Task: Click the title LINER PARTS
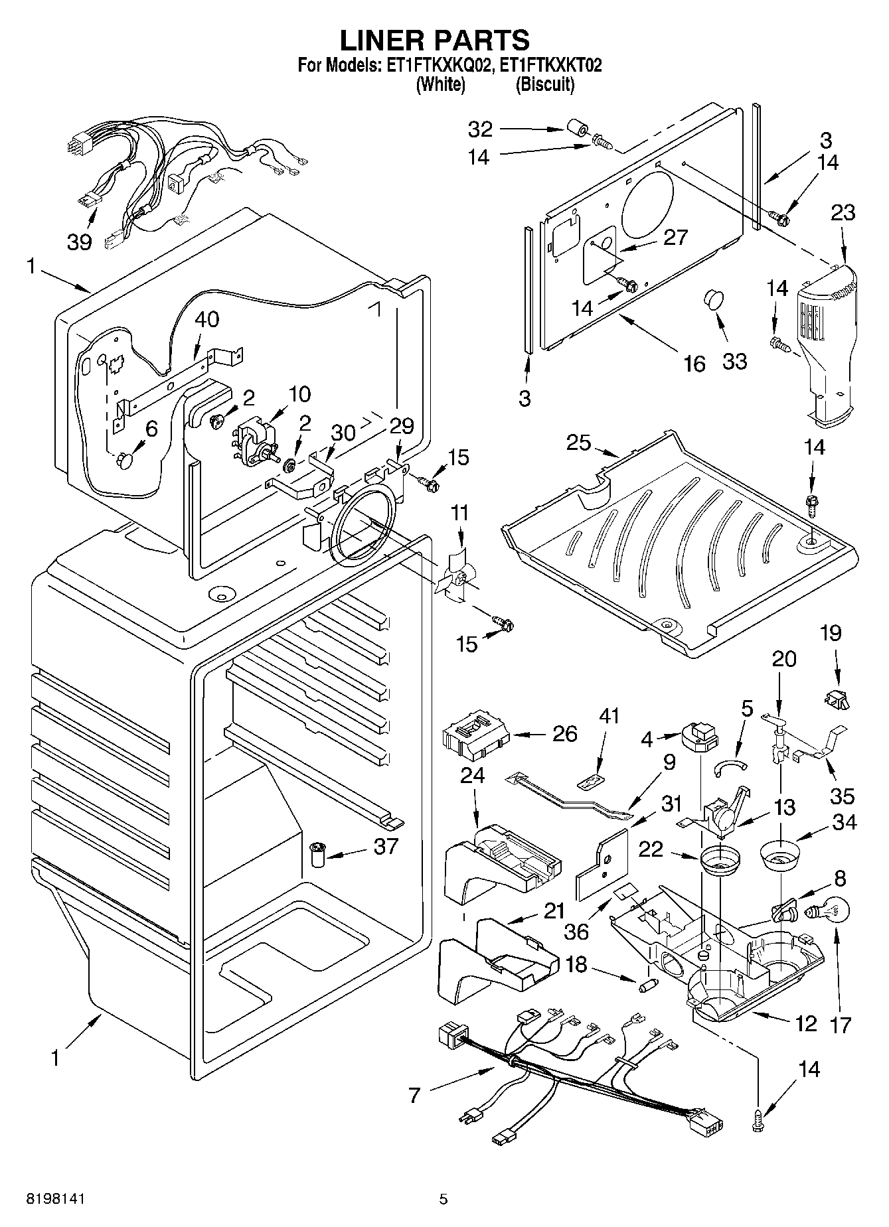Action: pos(435,40)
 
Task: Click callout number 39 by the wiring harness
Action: pos(79,242)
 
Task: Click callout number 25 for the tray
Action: pos(578,442)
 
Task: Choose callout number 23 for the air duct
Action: pos(843,212)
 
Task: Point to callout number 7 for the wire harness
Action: pos(415,1095)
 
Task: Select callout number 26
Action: pos(565,733)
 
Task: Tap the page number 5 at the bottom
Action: pos(444,1199)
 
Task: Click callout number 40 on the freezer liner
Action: pos(206,319)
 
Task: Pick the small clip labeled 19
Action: pos(838,697)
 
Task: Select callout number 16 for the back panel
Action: pos(694,363)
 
